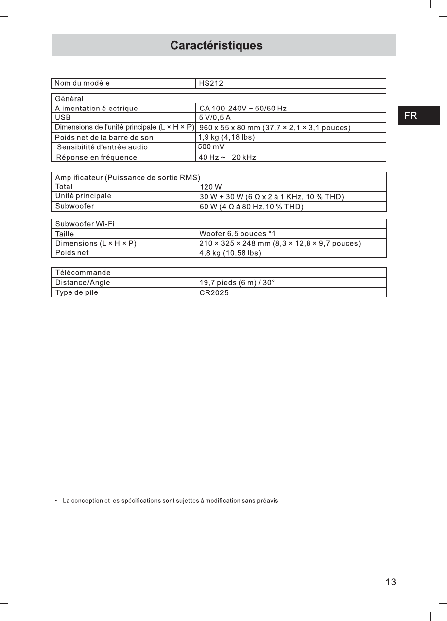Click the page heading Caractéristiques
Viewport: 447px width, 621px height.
pos(216,46)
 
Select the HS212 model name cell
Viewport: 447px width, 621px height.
pos(211,84)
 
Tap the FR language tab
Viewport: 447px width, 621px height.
pos(411,116)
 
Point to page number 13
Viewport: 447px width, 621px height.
pos(391,582)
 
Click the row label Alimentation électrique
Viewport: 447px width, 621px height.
pos(96,109)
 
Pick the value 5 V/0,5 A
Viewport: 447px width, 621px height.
pos(215,118)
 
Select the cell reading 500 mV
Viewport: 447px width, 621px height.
pos(211,147)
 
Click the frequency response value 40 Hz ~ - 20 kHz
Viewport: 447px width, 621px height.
pos(227,158)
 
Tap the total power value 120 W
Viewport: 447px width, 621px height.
pos(211,187)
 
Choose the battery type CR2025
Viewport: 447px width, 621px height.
pos(214,293)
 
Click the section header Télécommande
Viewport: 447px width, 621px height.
pos(83,273)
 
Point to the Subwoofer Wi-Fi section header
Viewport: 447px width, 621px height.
pos(85,224)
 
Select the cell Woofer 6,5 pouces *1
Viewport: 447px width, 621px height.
pos(237,234)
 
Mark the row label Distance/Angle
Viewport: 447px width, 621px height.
pos(83,283)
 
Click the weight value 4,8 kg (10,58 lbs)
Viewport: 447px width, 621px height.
pos(230,253)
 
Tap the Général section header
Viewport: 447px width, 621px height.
pos(69,99)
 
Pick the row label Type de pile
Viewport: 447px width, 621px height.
pos(76,292)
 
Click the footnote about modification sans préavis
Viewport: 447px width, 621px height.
pos(171,501)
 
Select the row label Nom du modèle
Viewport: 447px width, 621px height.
pos(82,83)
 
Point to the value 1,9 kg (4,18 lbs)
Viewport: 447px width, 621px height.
pos(226,137)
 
